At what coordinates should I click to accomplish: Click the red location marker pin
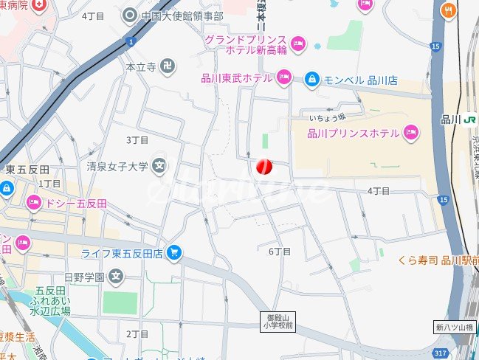pyautogui.click(x=264, y=167)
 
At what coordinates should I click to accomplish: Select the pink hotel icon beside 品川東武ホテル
pyautogui.click(x=284, y=77)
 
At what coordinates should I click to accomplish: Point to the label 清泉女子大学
pyautogui.click(x=117, y=166)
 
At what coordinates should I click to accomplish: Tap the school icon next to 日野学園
pyautogui.click(x=115, y=277)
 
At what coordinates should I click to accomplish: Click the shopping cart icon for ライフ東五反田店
pyautogui.click(x=174, y=253)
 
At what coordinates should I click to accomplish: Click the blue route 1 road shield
pyautogui.click(x=130, y=41)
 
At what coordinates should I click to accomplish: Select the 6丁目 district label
pyautogui.click(x=279, y=252)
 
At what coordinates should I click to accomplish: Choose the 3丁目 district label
pyautogui.click(x=137, y=139)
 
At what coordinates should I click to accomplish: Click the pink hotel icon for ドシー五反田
pyautogui.click(x=34, y=202)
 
